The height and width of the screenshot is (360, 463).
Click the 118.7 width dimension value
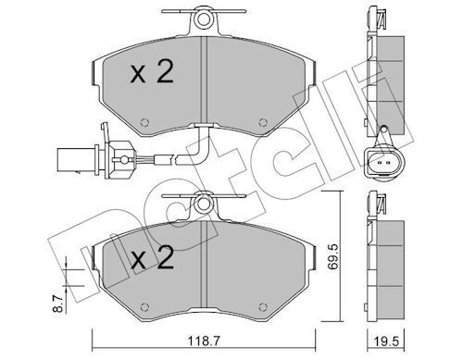pyautogui.click(x=204, y=341)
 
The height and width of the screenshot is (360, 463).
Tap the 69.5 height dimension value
pyautogui.click(x=333, y=257)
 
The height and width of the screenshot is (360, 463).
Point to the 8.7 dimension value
pyautogui.click(x=59, y=303)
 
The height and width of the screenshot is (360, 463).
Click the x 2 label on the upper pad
pyautogui.click(x=152, y=73)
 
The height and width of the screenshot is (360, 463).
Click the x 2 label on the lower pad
pyautogui.click(x=152, y=258)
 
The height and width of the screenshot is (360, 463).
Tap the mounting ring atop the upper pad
pyautogui.click(x=204, y=19)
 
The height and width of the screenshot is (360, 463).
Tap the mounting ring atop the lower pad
pyautogui.click(x=203, y=205)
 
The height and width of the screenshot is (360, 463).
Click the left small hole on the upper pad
pyautogui.click(x=144, y=122)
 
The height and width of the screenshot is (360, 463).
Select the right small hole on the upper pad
pyautogui.click(x=263, y=122)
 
